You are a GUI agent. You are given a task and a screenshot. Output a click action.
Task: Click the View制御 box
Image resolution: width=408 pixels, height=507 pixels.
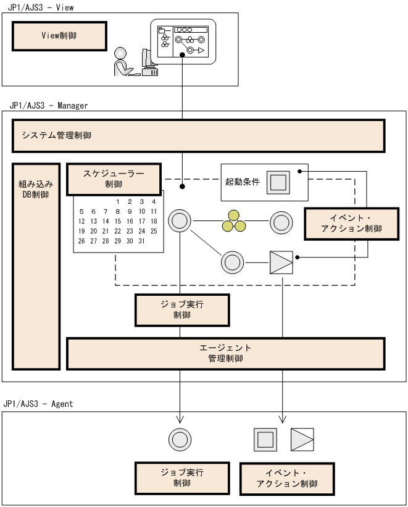click(x=59, y=36)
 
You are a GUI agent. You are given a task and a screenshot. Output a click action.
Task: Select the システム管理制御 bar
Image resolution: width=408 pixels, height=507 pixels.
click(x=198, y=135)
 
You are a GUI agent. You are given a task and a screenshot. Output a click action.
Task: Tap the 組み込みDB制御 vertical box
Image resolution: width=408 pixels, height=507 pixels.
click(x=36, y=266)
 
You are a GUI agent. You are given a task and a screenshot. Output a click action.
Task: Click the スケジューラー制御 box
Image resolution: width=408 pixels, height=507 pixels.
click(x=114, y=178)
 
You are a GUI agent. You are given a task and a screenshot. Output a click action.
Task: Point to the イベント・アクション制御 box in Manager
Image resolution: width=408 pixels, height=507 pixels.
click(x=351, y=224)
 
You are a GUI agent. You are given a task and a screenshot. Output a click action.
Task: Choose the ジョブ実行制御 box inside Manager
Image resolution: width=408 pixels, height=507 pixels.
click(x=182, y=310)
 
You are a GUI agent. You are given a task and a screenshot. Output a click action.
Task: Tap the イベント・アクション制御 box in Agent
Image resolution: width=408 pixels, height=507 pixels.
click(x=287, y=479)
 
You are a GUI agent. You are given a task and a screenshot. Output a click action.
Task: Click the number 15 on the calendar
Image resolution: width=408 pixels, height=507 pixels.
click(x=118, y=221)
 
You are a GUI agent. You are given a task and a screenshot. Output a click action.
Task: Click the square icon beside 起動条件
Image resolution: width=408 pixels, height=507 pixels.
click(x=278, y=183)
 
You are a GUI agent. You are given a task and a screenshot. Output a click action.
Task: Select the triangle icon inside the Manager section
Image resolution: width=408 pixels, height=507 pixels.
click(x=281, y=262)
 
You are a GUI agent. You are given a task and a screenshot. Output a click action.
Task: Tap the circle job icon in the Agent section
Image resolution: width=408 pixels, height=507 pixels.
click(x=180, y=440)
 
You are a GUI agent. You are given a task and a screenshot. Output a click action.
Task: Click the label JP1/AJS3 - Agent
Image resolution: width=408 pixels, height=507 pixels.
click(x=38, y=403)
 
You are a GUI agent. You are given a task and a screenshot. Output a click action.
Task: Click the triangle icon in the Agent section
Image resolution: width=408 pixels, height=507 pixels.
click(x=302, y=440)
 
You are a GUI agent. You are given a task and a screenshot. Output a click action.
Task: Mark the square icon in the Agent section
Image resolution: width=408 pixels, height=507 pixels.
click(x=265, y=440)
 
